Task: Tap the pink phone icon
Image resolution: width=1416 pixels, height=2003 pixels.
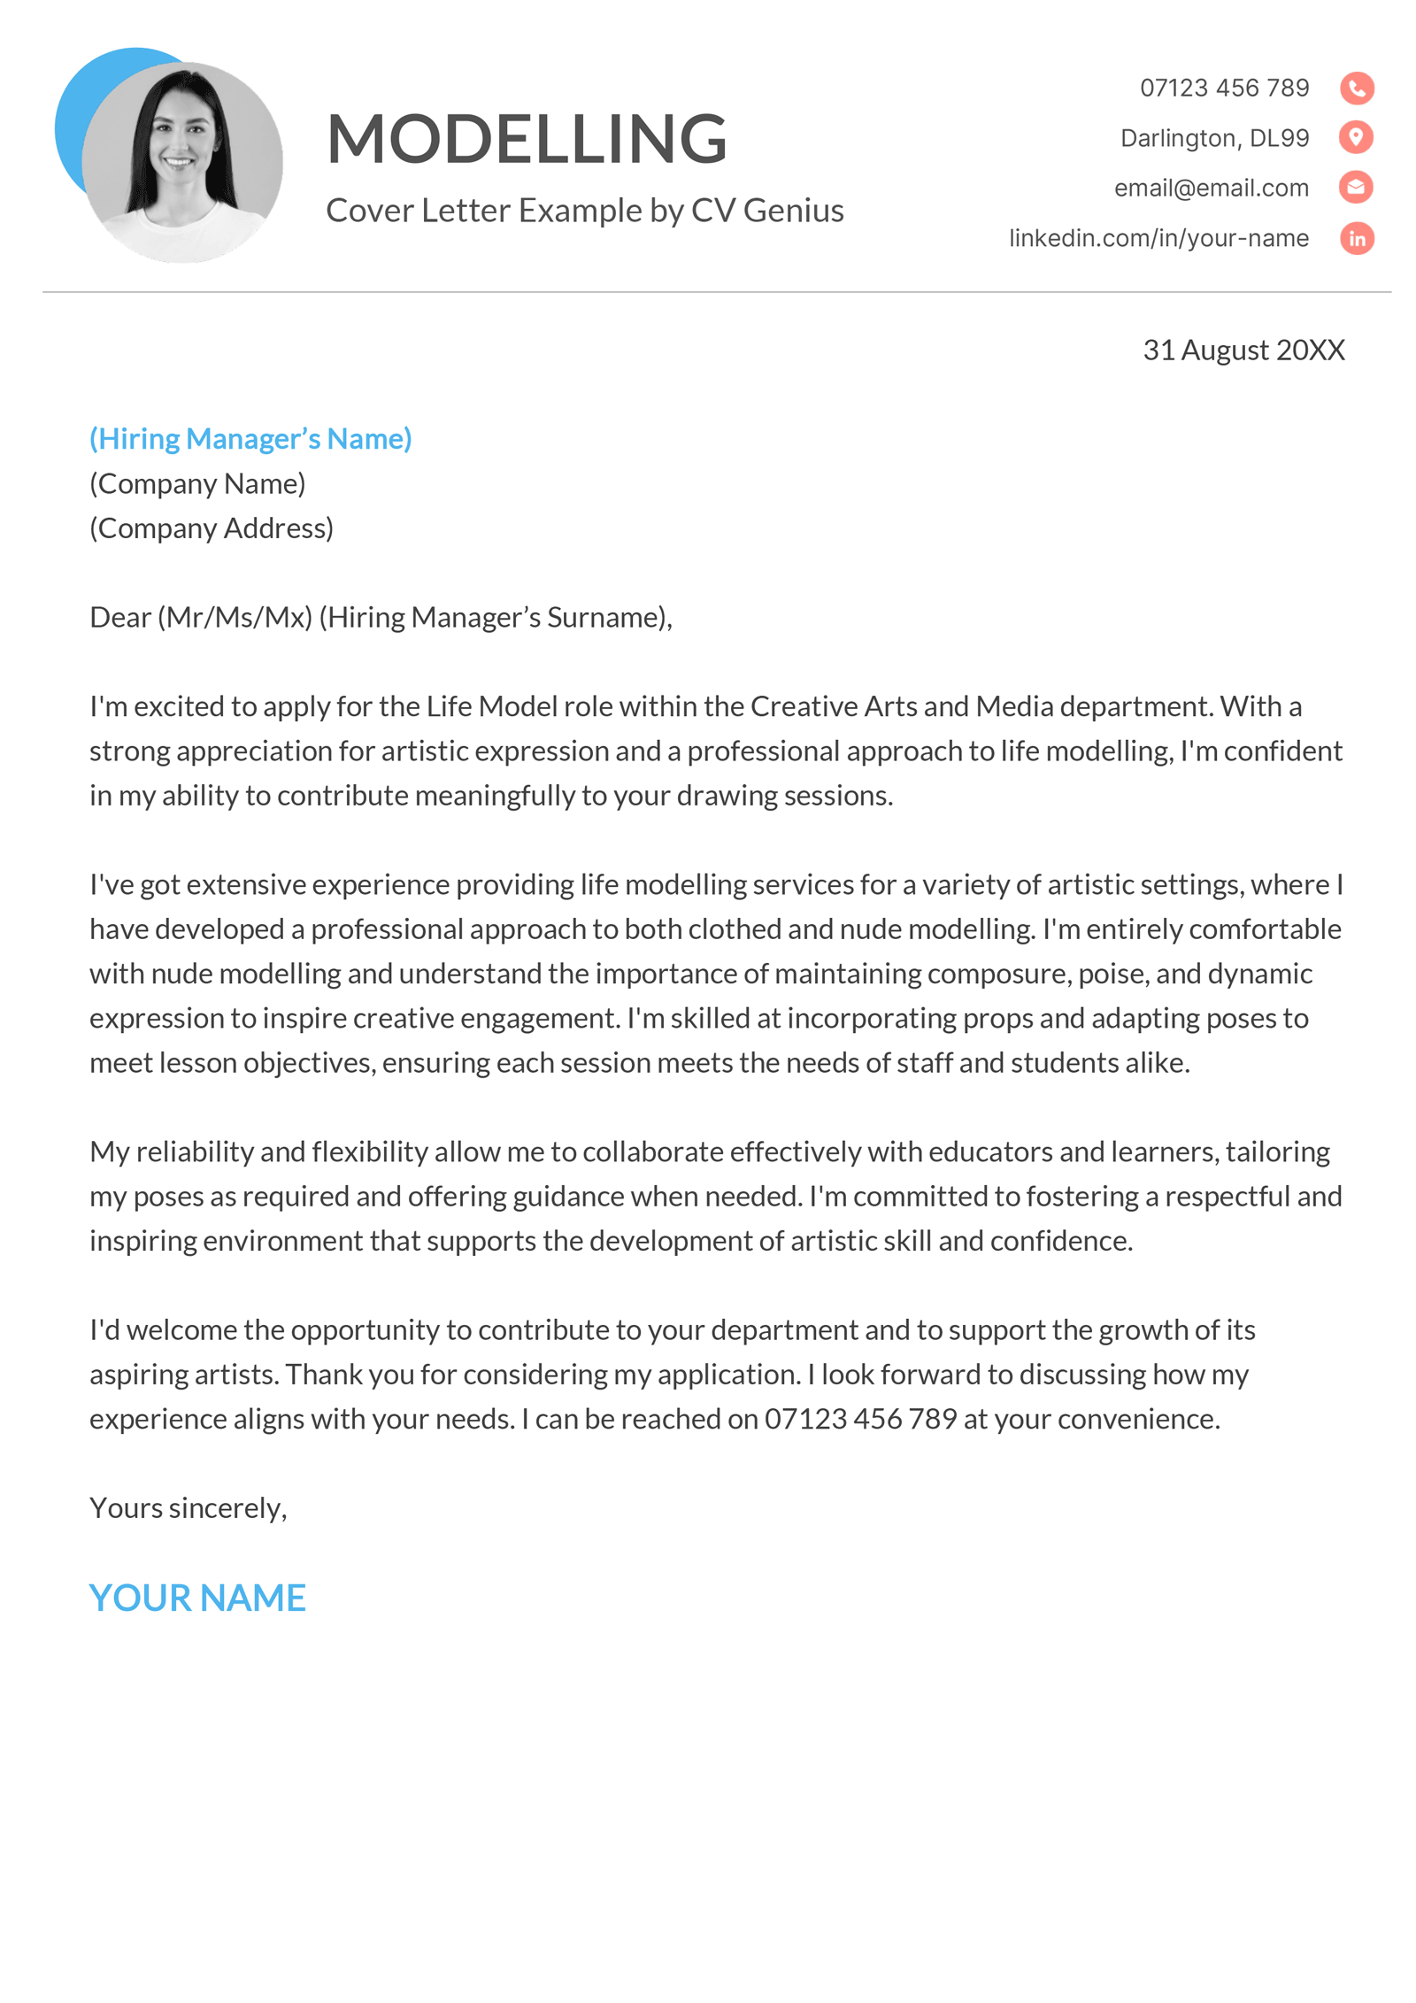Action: tap(1356, 88)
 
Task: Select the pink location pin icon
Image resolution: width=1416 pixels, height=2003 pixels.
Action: tap(1356, 137)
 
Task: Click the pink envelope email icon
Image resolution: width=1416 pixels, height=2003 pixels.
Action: tap(1356, 187)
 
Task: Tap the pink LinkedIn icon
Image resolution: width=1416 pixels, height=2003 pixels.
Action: tap(1356, 238)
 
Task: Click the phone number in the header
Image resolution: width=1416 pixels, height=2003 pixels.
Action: tap(1223, 88)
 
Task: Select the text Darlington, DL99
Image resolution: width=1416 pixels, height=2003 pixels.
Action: tap(1213, 138)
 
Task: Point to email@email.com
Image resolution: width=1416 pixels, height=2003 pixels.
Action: tap(1210, 188)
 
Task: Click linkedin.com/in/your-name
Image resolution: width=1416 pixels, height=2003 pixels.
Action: tap(1158, 238)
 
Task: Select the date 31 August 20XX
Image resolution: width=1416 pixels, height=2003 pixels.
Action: tap(1243, 350)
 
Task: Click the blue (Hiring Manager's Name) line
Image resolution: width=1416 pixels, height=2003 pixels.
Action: tap(250, 438)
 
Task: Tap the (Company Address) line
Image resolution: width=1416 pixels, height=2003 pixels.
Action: tap(212, 528)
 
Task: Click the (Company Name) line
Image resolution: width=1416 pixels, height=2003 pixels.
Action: tap(197, 483)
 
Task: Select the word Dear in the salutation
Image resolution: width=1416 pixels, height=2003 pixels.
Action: tap(120, 617)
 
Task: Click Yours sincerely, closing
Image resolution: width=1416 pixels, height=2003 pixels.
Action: tap(189, 1507)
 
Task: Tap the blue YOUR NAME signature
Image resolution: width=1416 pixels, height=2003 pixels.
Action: tap(197, 1598)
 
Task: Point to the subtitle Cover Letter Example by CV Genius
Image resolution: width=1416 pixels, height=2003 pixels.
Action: tap(584, 211)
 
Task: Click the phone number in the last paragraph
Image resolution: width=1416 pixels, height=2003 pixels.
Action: tap(860, 1419)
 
